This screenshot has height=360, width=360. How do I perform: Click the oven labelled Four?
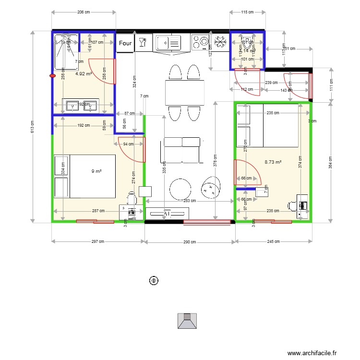[125, 43]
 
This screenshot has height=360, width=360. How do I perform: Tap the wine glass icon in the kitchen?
[142, 43]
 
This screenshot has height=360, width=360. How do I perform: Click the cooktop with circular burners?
[200, 42]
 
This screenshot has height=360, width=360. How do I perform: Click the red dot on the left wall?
[52, 75]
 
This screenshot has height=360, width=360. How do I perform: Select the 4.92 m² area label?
[84, 74]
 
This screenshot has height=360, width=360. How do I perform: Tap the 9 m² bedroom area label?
[96, 171]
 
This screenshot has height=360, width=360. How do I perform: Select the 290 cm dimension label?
[190, 241]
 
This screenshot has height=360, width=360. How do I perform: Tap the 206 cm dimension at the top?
[84, 12]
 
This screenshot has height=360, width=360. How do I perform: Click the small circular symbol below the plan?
[154, 280]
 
